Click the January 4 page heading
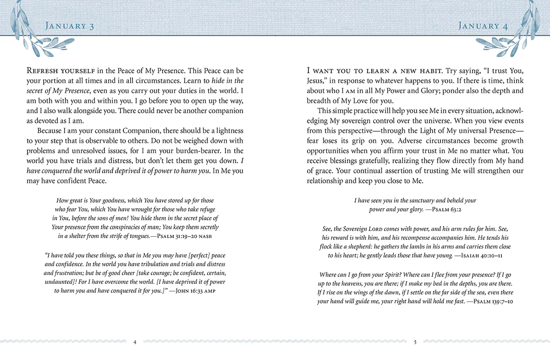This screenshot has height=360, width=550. (x=483, y=26)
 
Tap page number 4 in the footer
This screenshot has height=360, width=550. (x=135, y=342)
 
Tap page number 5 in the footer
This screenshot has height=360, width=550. (x=415, y=342)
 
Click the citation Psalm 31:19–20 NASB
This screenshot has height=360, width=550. (x=184, y=236)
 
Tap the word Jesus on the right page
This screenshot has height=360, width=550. (x=317, y=81)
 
